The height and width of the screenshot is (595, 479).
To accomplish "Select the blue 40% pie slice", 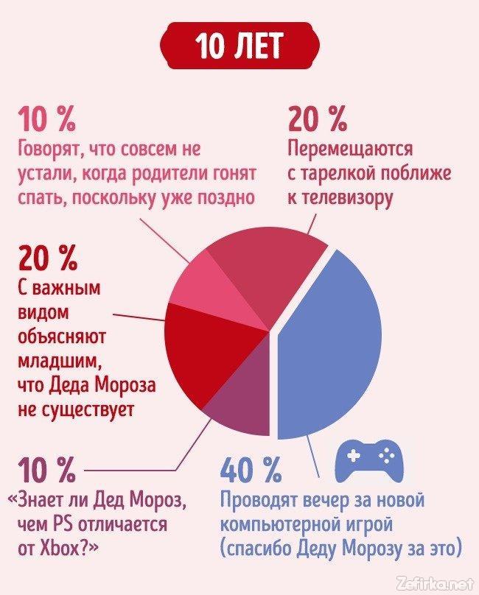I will pos(332,346).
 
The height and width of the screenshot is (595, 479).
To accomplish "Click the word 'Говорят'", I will pos(49,149).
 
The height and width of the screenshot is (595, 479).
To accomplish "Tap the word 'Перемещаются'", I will pos(350,149).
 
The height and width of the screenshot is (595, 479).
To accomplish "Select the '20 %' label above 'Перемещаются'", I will pos(318,118).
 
